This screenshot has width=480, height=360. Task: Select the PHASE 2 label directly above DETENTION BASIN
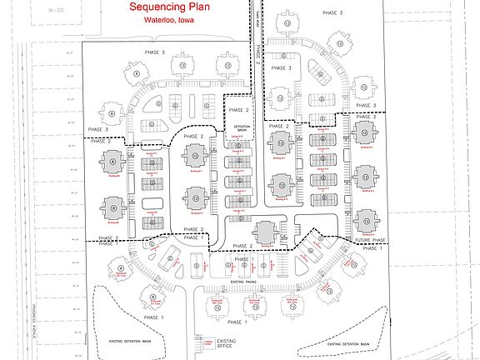238,109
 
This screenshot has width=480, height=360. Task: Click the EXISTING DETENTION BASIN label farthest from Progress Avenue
342,343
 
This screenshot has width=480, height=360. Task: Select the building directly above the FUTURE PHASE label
364,221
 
